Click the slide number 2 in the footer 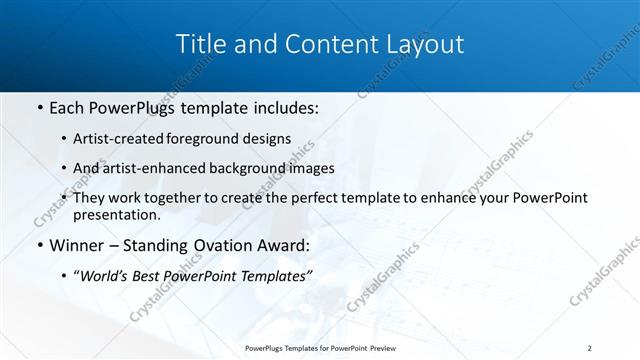[x=589, y=347]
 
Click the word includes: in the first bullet [x=283, y=108]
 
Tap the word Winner [x=76, y=244]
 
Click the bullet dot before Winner [x=39, y=244]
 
